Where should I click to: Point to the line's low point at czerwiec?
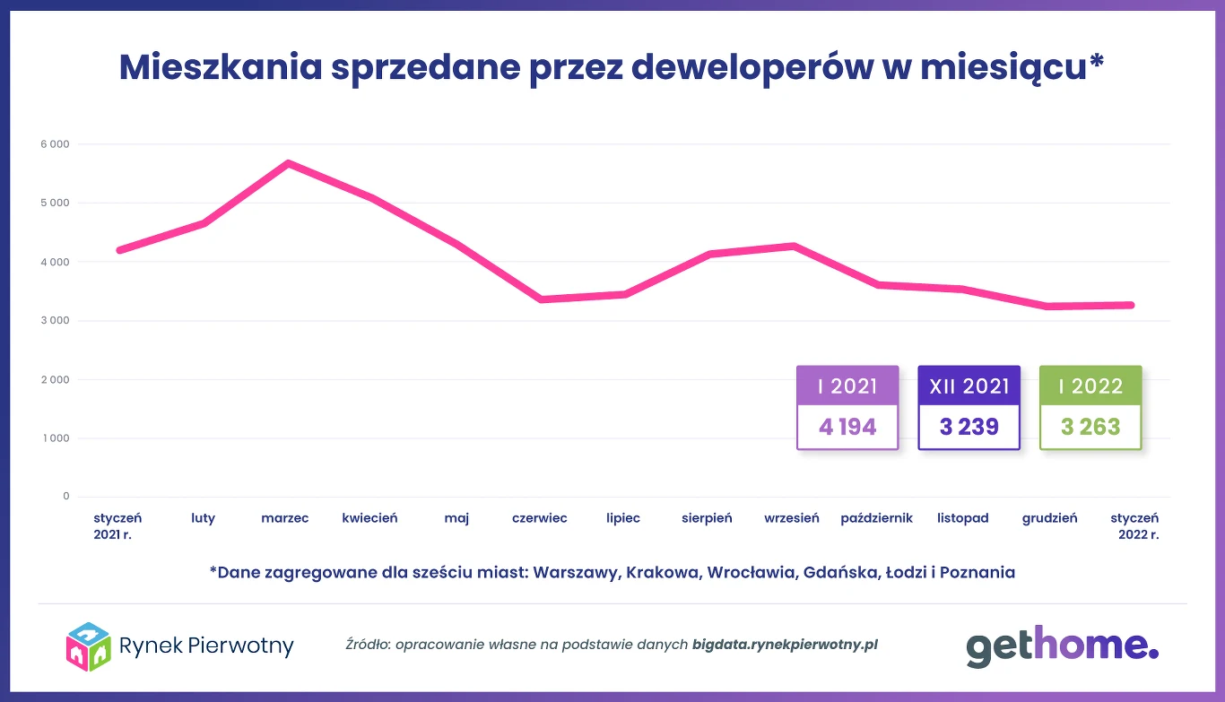(x=540, y=299)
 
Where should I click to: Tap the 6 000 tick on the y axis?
(x=54, y=144)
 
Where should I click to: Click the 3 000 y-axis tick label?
(x=54, y=321)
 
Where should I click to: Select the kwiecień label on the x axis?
(x=369, y=518)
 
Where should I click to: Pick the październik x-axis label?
(x=876, y=518)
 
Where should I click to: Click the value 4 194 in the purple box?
(x=847, y=427)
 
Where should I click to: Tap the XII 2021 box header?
(x=969, y=386)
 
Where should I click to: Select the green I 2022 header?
(x=1090, y=386)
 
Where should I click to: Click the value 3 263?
(x=1090, y=427)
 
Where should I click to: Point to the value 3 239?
(x=969, y=427)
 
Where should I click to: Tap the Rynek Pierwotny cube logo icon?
(x=88, y=646)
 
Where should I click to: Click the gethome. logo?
(x=1062, y=646)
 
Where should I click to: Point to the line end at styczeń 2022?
(x=1132, y=306)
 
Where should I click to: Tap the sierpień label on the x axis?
(x=707, y=518)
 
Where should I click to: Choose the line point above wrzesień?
(x=793, y=246)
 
